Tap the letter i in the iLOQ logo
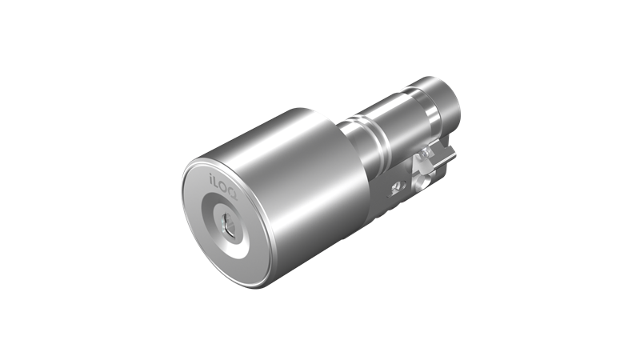pyautogui.click(x=211, y=178)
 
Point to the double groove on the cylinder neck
pyautogui.click(x=367, y=131)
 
